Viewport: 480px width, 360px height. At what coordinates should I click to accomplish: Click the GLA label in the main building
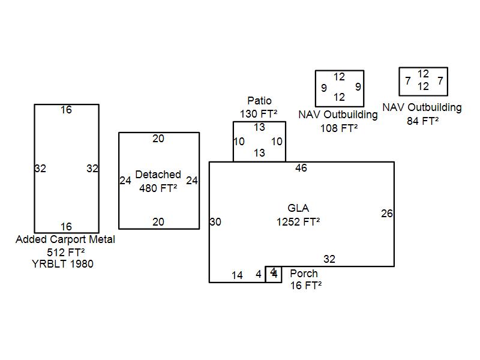[298, 209]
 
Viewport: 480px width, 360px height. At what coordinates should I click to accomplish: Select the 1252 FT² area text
[298, 221]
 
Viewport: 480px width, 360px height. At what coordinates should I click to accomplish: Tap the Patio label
[259, 101]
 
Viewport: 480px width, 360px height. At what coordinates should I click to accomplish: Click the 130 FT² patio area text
[259, 113]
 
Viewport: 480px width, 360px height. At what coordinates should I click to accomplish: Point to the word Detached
[158, 175]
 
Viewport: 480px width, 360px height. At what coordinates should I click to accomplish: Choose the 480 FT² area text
[158, 188]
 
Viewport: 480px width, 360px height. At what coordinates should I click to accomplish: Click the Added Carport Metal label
[65, 239]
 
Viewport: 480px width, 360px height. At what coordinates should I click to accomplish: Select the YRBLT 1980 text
[63, 264]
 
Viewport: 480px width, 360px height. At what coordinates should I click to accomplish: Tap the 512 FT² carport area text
[65, 252]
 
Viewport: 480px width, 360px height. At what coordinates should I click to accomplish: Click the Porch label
[304, 274]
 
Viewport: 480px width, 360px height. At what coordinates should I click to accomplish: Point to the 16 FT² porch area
[306, 286]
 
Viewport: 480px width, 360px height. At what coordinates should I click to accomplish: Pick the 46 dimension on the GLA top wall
[301, 169]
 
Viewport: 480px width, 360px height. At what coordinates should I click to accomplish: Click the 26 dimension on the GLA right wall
[387, 214]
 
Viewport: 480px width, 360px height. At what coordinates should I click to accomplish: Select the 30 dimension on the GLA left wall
[215, 222]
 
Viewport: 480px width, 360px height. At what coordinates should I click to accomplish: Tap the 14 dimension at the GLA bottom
[237, 275]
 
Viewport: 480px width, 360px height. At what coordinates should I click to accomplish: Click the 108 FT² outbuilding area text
[339, 128]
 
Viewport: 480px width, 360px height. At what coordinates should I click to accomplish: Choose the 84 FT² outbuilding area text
[422, 120]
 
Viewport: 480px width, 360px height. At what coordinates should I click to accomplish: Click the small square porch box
[274, 274]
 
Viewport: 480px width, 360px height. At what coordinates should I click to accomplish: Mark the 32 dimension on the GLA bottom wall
[329, 259]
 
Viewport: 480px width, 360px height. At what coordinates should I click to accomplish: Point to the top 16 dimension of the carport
[66, 110]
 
